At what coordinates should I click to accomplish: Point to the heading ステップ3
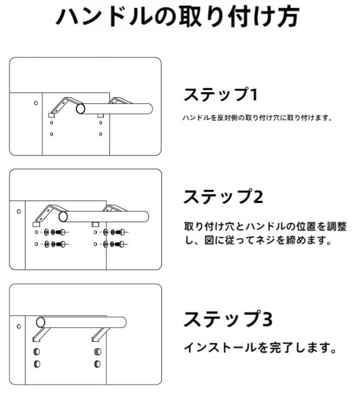(x=227, y=319)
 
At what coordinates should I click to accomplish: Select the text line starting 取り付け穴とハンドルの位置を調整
(x=265, y=227)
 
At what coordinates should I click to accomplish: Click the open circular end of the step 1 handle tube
(x=81, y=109)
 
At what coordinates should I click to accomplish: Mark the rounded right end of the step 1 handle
(x=149, y=109)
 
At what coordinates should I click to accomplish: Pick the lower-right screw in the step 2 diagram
(x=118, y=244)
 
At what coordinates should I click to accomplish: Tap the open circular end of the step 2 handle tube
(x=63, y=217)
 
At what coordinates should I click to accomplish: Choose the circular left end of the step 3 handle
(x=40, y=322)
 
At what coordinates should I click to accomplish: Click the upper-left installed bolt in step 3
(x=38, y=352)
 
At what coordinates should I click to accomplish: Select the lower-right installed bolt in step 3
(x=98, y=364)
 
